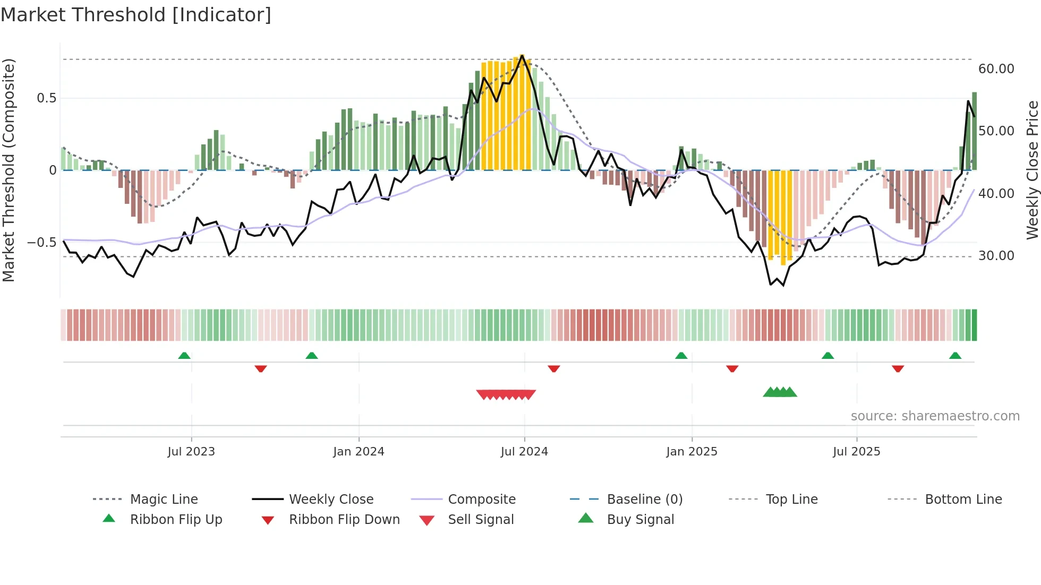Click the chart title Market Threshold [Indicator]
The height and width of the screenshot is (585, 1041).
(136, 15)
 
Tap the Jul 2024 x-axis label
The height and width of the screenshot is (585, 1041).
(524, 452)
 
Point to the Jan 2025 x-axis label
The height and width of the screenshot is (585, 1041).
(692, 452)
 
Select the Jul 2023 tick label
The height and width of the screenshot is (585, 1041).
(191, 452)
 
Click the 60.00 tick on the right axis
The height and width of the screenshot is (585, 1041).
(996, 69)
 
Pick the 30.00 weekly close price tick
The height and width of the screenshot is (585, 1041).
(996, 256)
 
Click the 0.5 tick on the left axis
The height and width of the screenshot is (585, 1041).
(46, 98)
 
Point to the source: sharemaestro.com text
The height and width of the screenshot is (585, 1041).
(935, 416)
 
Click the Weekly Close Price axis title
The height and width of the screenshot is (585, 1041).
(1032, 170)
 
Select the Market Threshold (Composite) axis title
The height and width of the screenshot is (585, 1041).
(8, 170)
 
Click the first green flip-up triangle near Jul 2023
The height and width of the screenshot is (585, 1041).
(184, 356)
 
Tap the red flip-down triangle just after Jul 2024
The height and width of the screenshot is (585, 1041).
(554, 368)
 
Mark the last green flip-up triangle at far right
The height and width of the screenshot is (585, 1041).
(955, 356)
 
